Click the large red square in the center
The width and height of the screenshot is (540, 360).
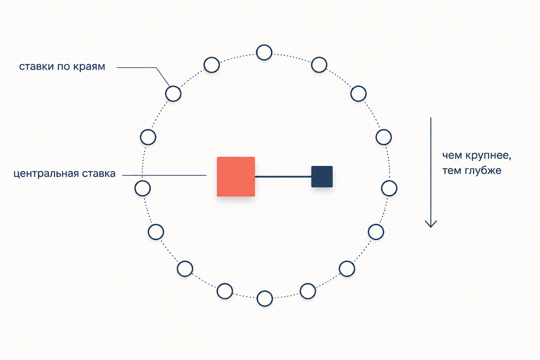(x=236, y=176)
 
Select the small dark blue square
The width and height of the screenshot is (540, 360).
(x=322, y=176)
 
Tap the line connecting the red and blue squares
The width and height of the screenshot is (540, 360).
(x=283, y=177)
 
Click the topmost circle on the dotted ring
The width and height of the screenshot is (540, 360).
(x=264, y=52)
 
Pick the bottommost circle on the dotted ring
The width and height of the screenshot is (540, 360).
(x=265, y=299)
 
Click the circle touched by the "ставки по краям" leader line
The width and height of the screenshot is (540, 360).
(x=173, y=94)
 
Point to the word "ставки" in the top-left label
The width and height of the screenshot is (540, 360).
(x=37, y=66)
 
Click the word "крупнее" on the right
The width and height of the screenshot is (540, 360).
(x=488, y=155)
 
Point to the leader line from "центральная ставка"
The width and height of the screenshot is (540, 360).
(x=165, y=175)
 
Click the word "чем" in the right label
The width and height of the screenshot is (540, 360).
(x=452, y=155)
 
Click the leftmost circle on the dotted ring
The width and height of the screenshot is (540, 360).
(x=142, y=188)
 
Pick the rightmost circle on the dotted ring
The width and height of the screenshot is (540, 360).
(x=389, y=188)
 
